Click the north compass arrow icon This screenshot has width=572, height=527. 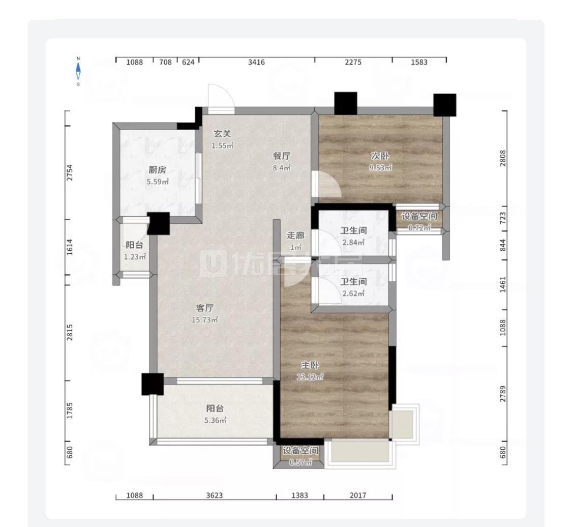[x=78, y=71]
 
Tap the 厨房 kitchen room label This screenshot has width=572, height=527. [x=157, y=170]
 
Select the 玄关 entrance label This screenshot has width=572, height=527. [x=222, y=134]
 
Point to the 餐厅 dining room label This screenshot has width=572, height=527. [x=282, y=156]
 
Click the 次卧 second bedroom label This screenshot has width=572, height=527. [x=380, y=156]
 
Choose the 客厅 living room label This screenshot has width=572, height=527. [x=205, y=308]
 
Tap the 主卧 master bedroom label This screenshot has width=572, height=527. [x=310, y=365]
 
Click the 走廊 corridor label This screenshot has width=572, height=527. [x=295, y=236]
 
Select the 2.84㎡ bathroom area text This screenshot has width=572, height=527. [x=353, y=242]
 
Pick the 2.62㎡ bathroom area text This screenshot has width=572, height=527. [x=353, y=294]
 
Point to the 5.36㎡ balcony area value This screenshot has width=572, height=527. [x=215, y=421]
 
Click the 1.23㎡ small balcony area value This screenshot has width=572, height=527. [x=135, y=257]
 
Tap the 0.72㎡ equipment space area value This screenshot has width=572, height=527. [x=419, y=228]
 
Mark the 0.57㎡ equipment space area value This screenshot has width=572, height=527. [x=300, y=462]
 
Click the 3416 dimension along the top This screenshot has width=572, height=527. [x=256, y=62]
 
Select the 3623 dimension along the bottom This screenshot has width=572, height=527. [x=214, y=495]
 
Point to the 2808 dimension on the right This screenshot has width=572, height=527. [x=503, y=158]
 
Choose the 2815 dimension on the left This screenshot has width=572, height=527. [x=70, y=333]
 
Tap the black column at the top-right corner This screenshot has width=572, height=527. [x=445, y=105]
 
